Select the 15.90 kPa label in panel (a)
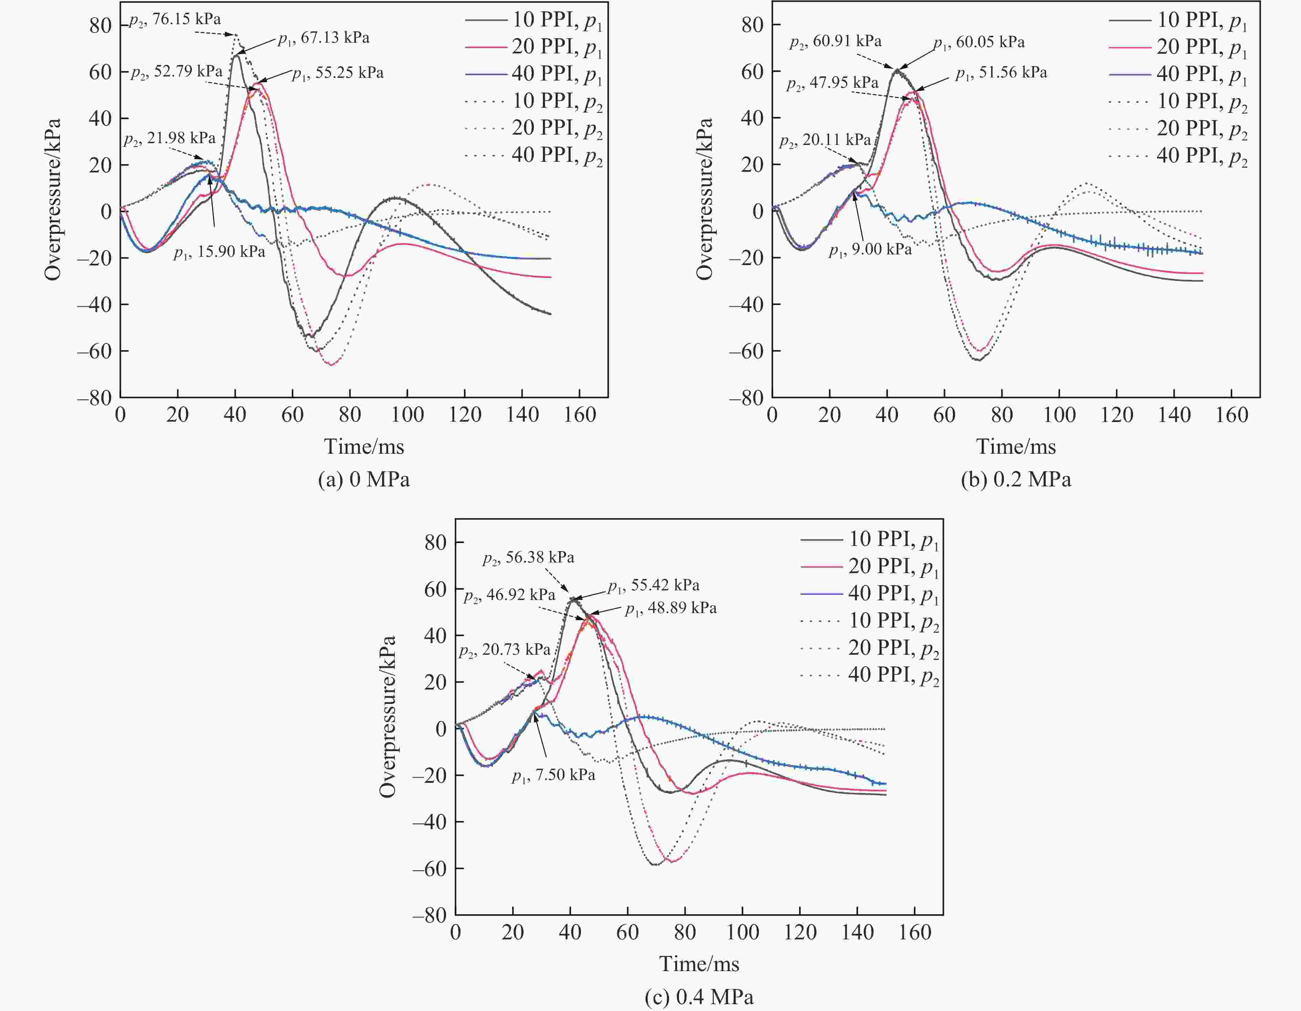pos(219,252)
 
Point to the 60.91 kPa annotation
pos(835,42)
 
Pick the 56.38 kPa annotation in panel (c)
pos(528,558)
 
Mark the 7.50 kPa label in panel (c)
pos(553,775)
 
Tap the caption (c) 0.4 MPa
pos(699,997)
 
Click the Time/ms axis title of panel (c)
pos(699,963)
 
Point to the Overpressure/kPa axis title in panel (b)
pos(705,199)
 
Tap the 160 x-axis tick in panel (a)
pos(580,415)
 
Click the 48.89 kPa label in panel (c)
pos(671,608)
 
